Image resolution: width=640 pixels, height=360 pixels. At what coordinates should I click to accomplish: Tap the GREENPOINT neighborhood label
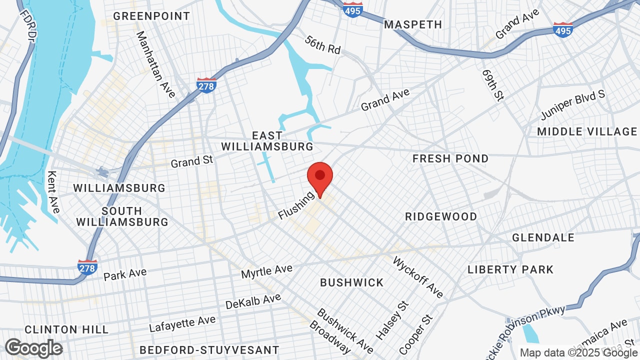[x=151, y=16]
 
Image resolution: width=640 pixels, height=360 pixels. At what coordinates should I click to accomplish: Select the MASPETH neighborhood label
[x=413, y=24]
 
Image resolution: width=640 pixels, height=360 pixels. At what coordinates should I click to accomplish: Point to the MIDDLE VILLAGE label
[x=587, y=131]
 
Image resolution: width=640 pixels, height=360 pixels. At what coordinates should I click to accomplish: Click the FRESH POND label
[x=450, y=158]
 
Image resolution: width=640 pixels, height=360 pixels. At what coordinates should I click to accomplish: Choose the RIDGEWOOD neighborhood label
[x=441, y=216]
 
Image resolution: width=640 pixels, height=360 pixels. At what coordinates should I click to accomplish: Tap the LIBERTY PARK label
[x=510, y=269]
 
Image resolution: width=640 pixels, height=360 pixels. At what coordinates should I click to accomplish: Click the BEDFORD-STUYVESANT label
[x=209, y=349]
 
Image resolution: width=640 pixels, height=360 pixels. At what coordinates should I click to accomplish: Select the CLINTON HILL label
[x=66, y=329]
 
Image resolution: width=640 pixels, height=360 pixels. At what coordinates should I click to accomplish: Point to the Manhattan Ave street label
[x=155, y=64]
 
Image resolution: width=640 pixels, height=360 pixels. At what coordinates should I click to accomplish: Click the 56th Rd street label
[x=323, y=45]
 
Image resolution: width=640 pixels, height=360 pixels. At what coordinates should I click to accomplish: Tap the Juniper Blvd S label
[x=573, y=105]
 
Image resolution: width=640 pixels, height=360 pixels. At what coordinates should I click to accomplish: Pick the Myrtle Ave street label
[x=266, y=272]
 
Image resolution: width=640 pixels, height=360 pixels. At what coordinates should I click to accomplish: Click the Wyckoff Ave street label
[x=418, y=277]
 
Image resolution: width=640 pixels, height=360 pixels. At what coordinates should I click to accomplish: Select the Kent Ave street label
[x=52, y=191]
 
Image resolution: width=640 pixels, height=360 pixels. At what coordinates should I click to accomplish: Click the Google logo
[x=34, y=348]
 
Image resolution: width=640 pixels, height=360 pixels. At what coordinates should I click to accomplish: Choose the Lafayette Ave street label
[x=182, y=324]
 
